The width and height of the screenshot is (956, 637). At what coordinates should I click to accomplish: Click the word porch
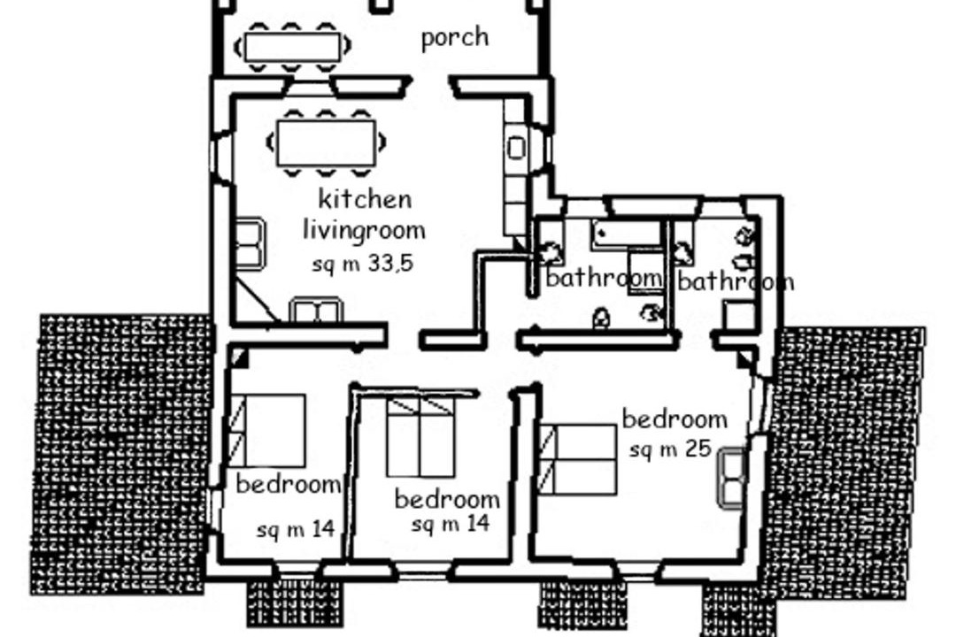(455, 38)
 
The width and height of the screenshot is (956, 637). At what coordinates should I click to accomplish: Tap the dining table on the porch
(292, 47)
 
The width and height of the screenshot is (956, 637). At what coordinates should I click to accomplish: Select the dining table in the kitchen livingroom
(326, 142)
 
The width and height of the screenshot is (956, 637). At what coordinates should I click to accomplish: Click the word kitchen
(365, 199)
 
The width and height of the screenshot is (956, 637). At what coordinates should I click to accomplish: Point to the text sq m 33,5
(363, 264)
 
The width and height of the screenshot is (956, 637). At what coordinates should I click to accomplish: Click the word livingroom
(364, 230)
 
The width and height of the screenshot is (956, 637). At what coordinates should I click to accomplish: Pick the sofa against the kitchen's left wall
(250, 244)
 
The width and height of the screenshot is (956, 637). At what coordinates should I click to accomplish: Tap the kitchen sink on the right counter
(516, 148)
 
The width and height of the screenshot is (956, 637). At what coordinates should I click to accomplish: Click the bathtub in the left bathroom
(626, 234)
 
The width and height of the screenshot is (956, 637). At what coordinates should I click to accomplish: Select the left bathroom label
(604, 278)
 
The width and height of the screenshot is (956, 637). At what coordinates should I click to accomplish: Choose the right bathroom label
(736, 281)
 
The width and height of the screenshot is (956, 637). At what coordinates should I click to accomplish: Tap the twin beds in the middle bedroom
(420, 437)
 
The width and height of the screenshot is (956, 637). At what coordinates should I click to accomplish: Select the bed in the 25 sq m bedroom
(577, 460)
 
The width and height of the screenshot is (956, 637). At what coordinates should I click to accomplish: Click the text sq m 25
(671, 449)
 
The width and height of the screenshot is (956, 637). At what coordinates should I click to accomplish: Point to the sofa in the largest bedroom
(732, 477)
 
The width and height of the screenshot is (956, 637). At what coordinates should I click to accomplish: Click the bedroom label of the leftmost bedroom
(289, 484)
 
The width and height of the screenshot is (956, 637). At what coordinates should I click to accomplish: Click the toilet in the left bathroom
(602, 317)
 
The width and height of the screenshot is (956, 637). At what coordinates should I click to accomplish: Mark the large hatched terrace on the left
(122, 454)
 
